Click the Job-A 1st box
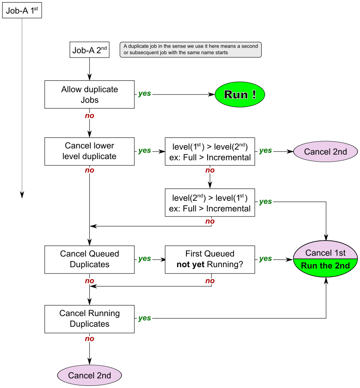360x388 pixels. [x=22, y=11]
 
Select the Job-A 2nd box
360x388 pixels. [x=89, y=50]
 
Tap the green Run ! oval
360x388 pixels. [x=240, y=94]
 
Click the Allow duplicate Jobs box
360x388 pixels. [x=89, y=94]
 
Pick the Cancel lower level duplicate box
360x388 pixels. [x=89, y=151]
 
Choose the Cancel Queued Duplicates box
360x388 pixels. [x=89, y=259]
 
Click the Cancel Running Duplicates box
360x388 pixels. [x=89, y=319]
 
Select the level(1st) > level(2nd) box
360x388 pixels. [x=210, y=151]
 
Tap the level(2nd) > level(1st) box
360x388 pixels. [x=210, y=203]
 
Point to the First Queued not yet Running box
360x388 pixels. [x=210, y=259]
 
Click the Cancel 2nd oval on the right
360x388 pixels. [x=326, y=152]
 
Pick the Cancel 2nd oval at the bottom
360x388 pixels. [x=89, y=375]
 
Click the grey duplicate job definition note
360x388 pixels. [x=190, y=49]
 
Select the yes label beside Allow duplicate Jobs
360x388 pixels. [x=145, y=94]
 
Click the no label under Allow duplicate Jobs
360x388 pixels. [x=89, y=116]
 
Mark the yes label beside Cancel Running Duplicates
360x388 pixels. [x=145, y=318]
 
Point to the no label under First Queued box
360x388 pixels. [x=210, y=281]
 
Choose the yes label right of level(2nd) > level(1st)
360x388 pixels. [x=266, y=202]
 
